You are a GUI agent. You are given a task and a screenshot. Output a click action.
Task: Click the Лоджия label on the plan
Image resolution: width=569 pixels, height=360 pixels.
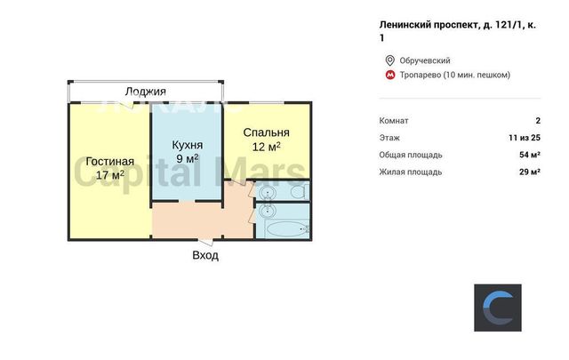(x=145, y=91)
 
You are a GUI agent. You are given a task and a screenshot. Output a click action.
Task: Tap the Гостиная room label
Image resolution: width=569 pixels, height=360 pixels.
(x=110, y=161)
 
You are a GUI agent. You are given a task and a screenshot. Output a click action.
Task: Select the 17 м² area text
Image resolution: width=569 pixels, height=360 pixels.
(x=110, y=175)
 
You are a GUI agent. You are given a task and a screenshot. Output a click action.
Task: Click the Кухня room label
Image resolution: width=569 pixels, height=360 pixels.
(x=188, y=145)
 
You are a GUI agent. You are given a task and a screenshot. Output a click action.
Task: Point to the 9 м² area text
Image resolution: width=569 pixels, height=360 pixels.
(x=188, y=158)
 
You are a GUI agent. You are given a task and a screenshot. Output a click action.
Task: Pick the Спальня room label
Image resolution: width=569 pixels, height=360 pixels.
(x=267, y=132)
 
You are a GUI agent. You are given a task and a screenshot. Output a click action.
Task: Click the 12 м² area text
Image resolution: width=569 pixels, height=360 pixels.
(x=267, y=147)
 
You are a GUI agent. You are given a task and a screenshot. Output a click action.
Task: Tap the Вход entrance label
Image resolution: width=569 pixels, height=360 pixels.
(x=205, y=255)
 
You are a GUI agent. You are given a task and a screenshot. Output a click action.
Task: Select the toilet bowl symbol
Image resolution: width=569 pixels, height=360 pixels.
(x=300, y=191)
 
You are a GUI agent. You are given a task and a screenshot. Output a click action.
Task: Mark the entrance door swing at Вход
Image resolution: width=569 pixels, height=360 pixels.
(x=205, y=243)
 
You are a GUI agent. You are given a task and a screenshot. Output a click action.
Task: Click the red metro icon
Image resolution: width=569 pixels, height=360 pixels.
(x=390, y=76)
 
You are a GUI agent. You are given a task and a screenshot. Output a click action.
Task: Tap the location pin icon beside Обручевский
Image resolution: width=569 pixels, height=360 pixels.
(x=390, y=60)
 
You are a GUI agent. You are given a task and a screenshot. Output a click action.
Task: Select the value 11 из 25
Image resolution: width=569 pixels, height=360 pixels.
(x=525, y=138)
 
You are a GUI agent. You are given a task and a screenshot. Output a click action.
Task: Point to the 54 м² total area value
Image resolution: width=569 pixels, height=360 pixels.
(x=530, y=155)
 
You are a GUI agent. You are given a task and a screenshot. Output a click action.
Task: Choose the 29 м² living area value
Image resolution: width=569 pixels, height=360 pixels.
(x=530, y=172)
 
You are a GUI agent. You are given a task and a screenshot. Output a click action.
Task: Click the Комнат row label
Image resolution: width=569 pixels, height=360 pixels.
(x=394, y=121)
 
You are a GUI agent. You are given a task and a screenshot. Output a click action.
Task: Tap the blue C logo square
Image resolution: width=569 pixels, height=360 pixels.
(x=498, y=308)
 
